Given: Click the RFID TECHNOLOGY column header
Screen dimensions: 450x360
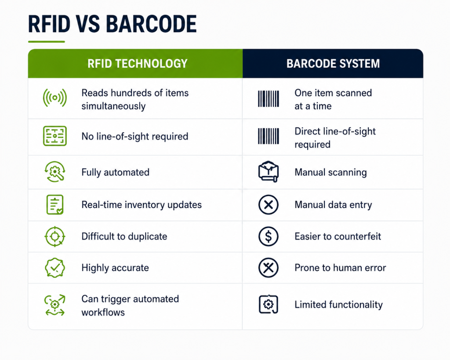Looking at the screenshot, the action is [x=137, y=63].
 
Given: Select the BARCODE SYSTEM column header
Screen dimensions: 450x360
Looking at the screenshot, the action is [x=333, y=63].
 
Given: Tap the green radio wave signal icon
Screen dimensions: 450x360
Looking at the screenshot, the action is [x=55, y=98].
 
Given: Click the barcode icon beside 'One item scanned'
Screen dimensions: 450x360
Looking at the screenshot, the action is [x=269, y=99].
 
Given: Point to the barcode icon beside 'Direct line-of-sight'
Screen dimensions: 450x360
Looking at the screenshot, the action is [x=269, y=136].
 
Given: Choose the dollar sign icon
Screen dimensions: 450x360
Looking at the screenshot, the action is [x=269, y=236].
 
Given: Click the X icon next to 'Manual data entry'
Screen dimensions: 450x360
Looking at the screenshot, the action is [x=269, y=205].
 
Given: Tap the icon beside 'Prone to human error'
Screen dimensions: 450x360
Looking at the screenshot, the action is [x=269, y=268].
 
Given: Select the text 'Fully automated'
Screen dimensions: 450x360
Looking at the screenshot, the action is [x=116, y=172].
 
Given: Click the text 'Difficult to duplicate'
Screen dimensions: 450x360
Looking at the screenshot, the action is [x=124, y=236].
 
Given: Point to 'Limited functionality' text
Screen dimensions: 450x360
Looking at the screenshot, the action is [x=339, y=305].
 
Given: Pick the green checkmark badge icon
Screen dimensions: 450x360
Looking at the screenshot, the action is [x=55, y=268].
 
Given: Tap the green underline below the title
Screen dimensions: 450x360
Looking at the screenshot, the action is [x=47, y=42].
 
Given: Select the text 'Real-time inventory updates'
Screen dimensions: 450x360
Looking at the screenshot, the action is [x=142, y=205].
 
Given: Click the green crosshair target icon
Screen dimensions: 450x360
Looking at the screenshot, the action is [x=55, y=236].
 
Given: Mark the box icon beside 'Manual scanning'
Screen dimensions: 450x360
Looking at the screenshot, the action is [x=269, y=172].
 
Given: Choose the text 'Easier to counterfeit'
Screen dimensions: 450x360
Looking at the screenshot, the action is [x=338, y=236].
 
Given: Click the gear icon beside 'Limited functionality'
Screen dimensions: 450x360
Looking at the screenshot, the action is [x=269, y=304].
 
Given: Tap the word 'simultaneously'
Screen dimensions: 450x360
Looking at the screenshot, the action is [x=113, y=106].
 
